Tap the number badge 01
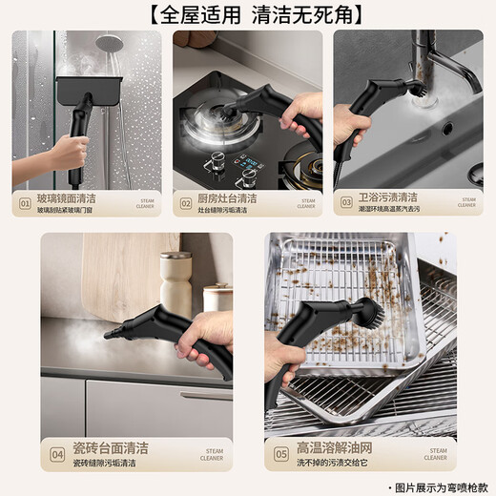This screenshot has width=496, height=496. point(26,203)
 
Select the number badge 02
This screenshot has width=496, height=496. point(187,203)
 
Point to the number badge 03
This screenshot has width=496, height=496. point(347,203)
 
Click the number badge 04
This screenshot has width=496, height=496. point(56,454)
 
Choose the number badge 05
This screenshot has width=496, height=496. point(281,454)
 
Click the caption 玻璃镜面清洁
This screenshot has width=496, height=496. point(67,197)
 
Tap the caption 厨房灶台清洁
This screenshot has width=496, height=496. point(227,197)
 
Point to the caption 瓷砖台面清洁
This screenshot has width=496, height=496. point(111,447)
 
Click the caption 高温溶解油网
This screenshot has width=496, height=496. point(335,447)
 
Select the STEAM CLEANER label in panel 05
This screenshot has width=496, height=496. point(437,454)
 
